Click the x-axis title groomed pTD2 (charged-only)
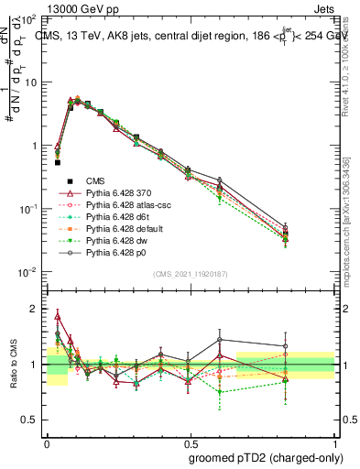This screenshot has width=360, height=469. [261, 457]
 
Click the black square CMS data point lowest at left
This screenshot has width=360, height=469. [57, 162]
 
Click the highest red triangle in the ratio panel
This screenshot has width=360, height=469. [57, 316]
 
